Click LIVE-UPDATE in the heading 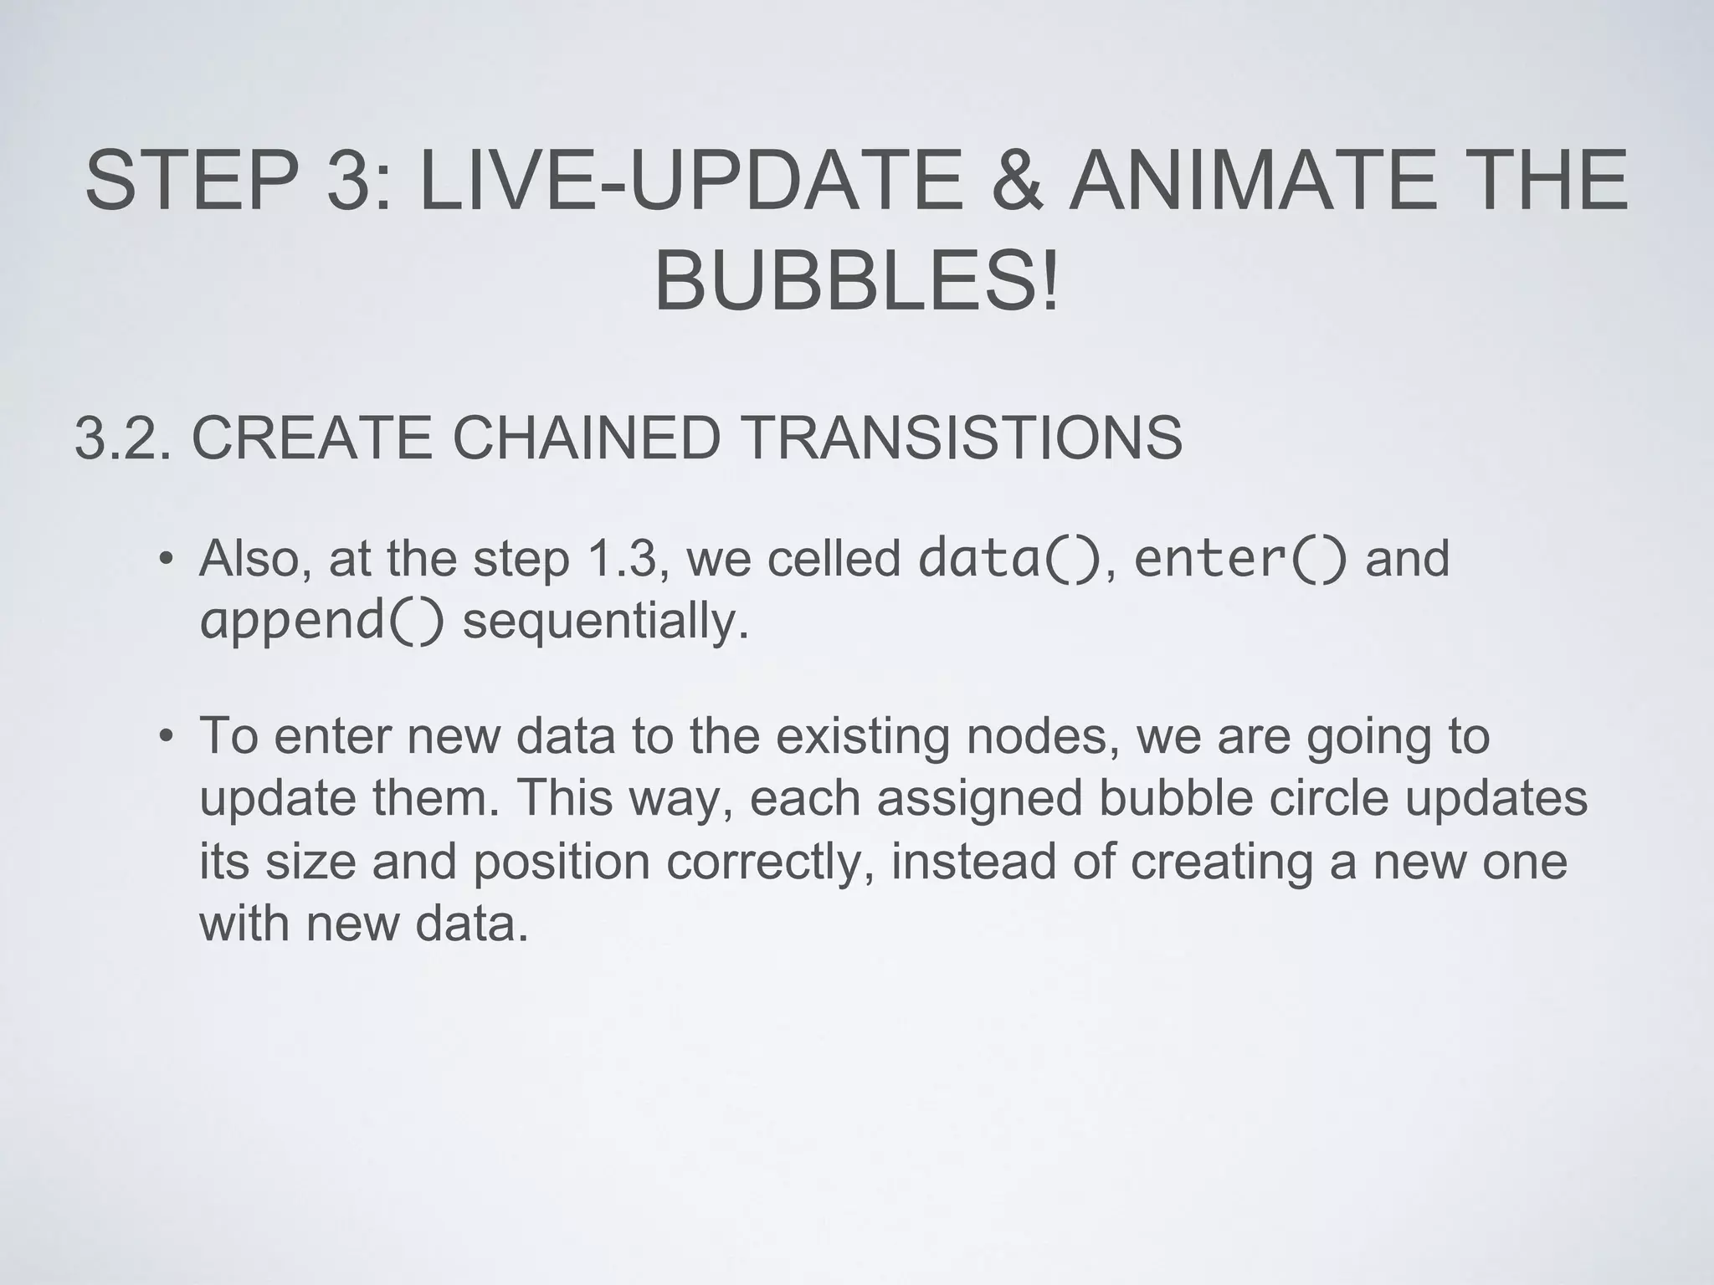pos(690,181)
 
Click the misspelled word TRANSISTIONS pos(962,438)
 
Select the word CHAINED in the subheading pos(587,438)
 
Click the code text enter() pos(1240,559)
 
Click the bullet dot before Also pos(167,559)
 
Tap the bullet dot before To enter pos(167,737)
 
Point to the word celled pos(833,559)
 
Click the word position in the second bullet pos(561,862)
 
